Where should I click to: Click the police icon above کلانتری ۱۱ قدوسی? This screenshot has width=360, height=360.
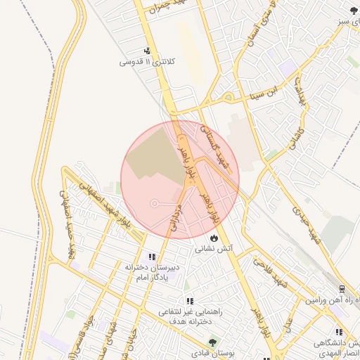coord(148,51)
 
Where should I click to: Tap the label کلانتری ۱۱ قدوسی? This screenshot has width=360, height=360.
coord(146,62)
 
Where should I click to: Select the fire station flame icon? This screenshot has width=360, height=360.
coord(214,238)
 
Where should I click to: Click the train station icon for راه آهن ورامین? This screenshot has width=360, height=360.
coord(342,289)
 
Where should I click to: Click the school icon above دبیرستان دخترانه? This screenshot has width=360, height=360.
coord(153,257)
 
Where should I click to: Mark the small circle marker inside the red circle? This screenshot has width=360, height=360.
coord(155,203)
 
